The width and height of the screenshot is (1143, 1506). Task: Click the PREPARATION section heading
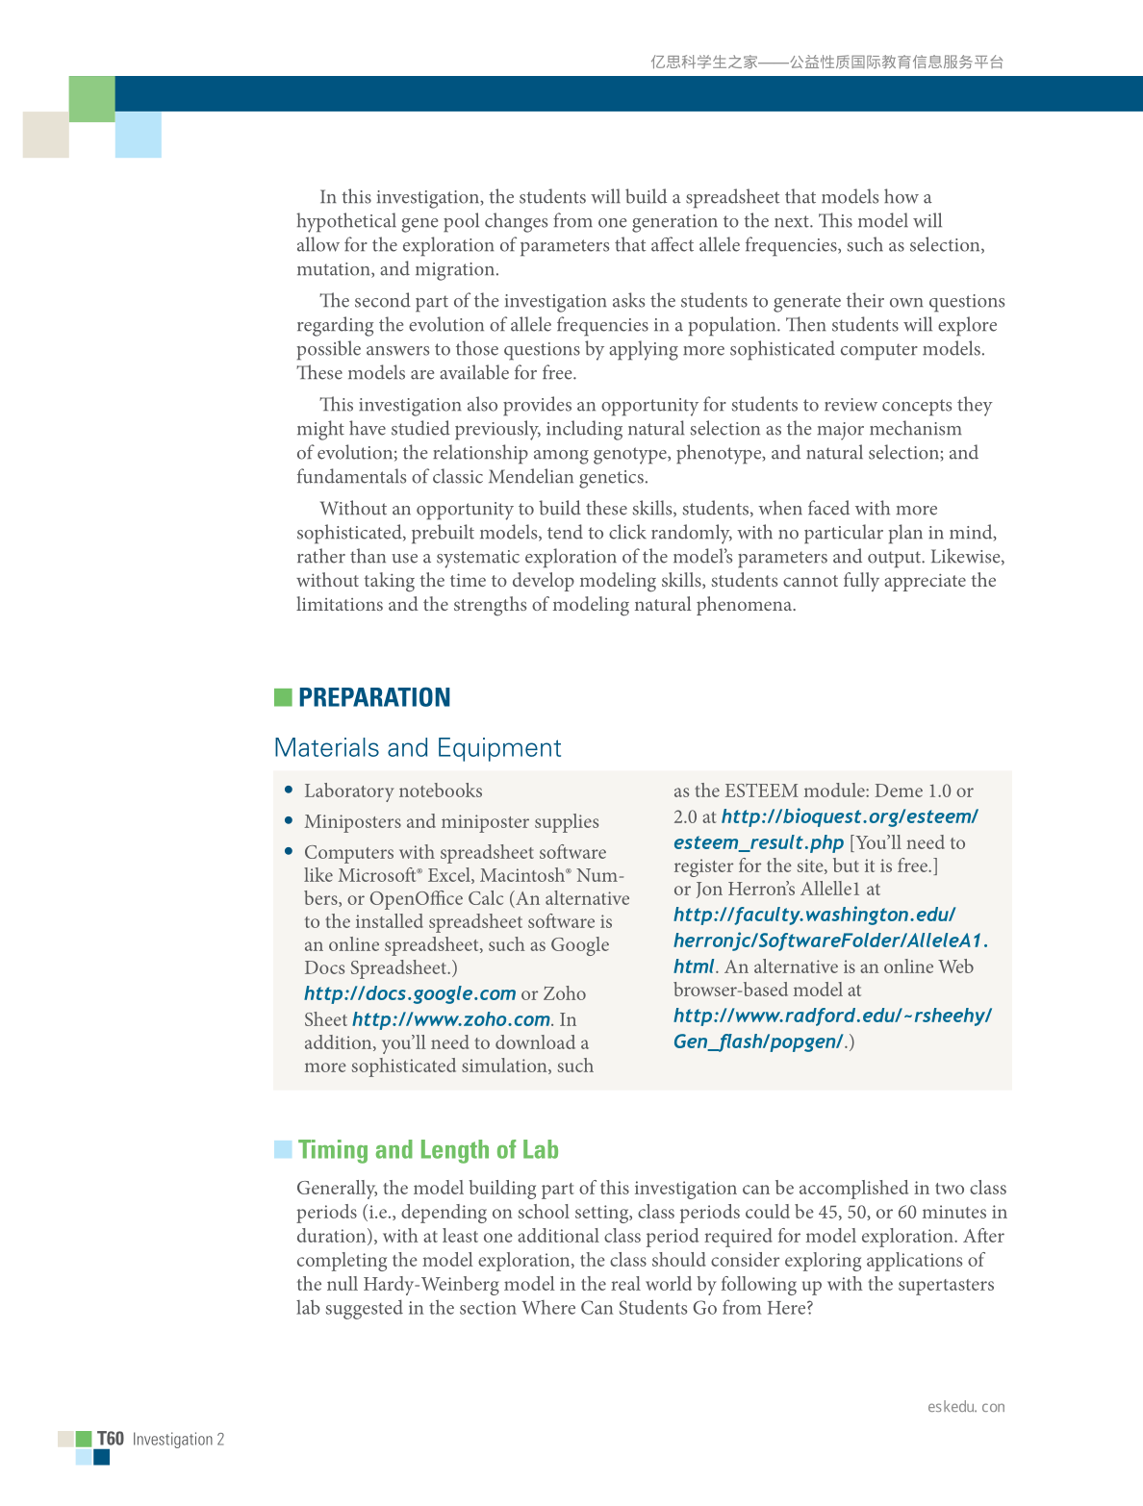coord(374,697)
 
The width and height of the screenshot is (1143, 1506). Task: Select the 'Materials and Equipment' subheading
coord(418,748)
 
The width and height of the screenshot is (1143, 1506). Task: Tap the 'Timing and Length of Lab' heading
coord(428,1150)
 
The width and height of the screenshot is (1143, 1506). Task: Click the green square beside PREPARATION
coord(283,697)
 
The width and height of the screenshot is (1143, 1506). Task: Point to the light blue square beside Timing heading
coord(283,1149)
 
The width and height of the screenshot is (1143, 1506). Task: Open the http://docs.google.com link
coord(410,993)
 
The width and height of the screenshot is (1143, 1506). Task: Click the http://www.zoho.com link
coord(451,1019)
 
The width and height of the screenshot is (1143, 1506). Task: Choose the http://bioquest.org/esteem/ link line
coord(850,816)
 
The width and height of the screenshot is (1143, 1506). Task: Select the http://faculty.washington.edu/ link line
coord(814,915)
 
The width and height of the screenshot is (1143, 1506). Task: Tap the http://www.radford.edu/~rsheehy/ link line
coord(832,1016)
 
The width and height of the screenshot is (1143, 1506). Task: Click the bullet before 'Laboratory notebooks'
coord(289,790)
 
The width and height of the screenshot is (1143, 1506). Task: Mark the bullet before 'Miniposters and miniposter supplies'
coord(289,820)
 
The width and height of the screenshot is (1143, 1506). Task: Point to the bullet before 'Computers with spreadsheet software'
coord(289,851)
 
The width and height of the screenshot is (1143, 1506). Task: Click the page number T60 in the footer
coord(111,1439)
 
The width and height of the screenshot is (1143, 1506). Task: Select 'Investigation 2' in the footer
coord(178,1440)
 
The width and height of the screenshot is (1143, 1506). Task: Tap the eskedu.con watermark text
coord(966,1407)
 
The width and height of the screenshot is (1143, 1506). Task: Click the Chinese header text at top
coord(826,63)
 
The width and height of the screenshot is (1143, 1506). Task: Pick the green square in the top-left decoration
coord(92,99)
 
